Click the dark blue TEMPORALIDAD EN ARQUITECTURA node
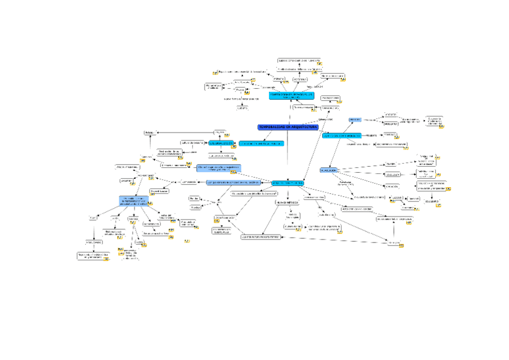click(288, 127)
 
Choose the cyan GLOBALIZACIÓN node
click(221, 144)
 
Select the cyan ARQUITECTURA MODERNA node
click(288, 182)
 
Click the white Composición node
click(190, 181)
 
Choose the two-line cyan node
click(291, 96)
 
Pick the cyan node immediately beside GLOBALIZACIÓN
click(261, 144)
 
